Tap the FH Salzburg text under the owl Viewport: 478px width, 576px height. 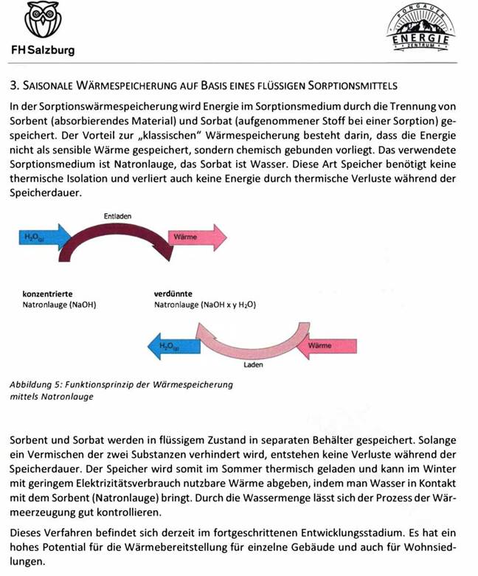tap(42, 51)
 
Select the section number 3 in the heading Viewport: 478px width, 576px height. tap(13, 86)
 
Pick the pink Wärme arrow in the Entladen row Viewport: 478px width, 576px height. tap(195, 237)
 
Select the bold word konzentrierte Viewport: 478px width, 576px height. tap(48, 294)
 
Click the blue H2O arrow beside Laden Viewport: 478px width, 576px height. tap(173, 344)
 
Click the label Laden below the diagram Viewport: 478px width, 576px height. tap(253, 364)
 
